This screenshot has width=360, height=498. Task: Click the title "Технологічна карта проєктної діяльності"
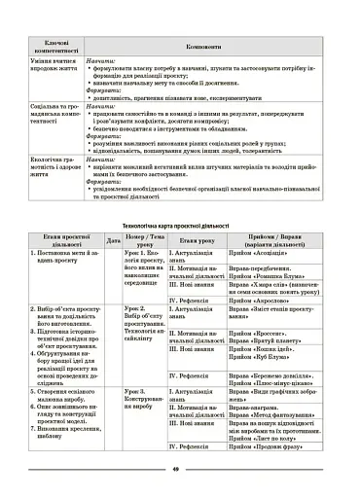tap(180, 225)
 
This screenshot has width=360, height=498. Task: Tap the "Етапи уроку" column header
tap(196, 239)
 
